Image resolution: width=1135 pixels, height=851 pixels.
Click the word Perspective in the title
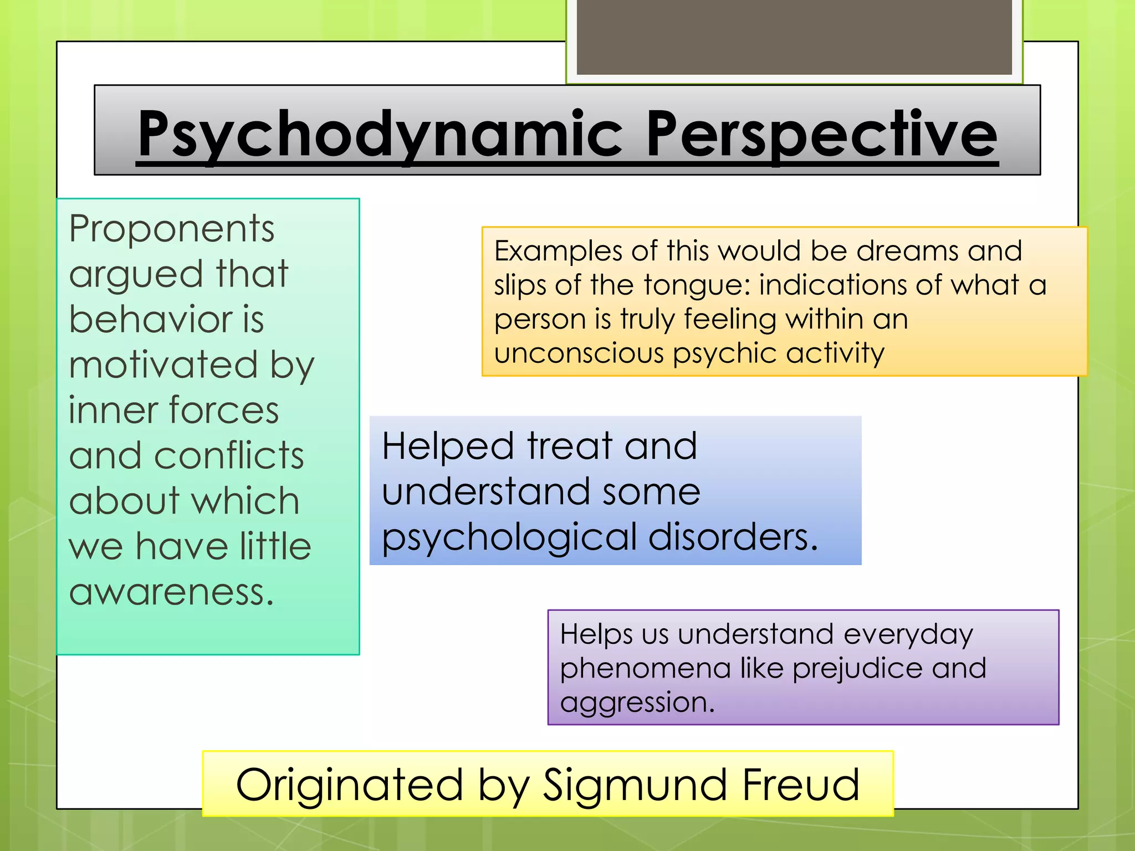pos(821,135)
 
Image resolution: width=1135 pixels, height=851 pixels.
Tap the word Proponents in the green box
pos(171,229)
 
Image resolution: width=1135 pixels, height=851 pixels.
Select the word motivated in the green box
pos(163,365)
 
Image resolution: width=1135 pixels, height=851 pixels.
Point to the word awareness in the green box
pos(171,592)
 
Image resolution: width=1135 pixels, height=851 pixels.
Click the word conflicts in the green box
pos(229,456)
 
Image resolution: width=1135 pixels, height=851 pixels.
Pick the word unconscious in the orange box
pos(579,353)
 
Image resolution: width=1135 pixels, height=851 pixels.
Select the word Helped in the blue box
pos(448,447)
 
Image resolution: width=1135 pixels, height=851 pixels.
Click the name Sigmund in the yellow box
pos(634,785)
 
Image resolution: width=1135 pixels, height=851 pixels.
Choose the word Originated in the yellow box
pos(349,785)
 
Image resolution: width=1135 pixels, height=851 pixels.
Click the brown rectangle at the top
pos(794,37)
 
